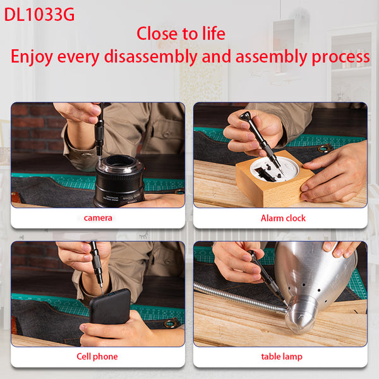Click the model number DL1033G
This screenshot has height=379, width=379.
[39, 15]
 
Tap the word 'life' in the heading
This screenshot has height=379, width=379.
[214, 33]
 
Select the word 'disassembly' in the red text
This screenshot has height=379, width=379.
[150, 57]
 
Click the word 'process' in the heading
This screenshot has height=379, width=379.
[340, 57]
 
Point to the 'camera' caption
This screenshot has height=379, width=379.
[98, 218]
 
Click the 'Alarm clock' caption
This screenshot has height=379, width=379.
[283, 219]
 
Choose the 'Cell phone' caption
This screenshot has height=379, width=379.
[97, 356]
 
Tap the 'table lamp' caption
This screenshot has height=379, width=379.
[282, 356]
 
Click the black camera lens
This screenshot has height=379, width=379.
[119, 181]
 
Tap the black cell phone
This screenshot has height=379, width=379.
[110, 306]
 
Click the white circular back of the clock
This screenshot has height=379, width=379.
[274, 169]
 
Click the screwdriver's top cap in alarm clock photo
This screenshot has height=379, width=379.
[245, 116]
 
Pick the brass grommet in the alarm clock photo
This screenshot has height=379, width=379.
[325, 148]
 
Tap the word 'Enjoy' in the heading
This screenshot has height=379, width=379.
[32, 57]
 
